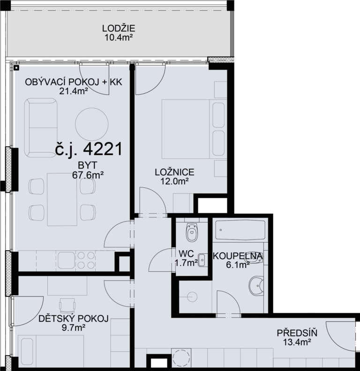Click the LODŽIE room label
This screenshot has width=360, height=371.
(x=119, y=29)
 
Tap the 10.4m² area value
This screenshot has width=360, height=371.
(x=119, y=37)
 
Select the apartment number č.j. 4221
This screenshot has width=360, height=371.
(x=89, y=149)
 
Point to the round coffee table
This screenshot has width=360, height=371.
(x=92, y=124)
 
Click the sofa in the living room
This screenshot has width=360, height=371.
(x=41, y=128)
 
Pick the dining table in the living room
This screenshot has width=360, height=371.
(x=62, y=200)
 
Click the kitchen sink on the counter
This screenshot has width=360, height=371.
(x=66, y=260)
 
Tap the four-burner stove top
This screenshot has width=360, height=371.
(x=86, y=260)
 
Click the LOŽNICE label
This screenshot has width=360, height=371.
(x=174, y=172)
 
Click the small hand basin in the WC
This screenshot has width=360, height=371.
(x=202, y=260)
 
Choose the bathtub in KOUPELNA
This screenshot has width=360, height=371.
(x=240, y=230)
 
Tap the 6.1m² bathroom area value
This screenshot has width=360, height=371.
(x=238, y=265)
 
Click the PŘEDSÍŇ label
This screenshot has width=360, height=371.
(x=297, y=333)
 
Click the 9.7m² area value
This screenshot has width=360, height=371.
(x=74, y=328)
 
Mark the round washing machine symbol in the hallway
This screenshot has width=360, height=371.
(x=181, y=358)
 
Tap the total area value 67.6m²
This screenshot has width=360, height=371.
(x=88, y=175)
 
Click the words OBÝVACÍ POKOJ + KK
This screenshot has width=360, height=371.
(x=74, y=82)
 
